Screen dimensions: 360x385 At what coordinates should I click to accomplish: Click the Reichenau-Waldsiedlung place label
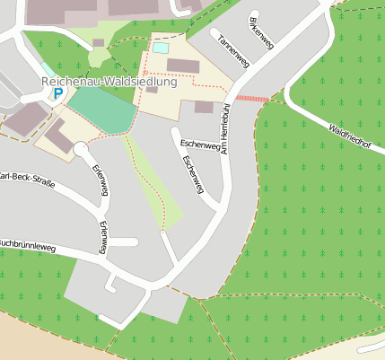click(108, 81)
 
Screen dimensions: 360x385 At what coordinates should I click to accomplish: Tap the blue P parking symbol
click(58, 93)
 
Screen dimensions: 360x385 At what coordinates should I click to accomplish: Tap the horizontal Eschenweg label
click(199, 145)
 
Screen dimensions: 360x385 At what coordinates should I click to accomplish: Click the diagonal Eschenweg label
click(192, 173)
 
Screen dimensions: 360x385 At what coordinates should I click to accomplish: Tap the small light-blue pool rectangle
click(160, 48)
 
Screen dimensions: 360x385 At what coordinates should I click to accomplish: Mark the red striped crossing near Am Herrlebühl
click(251, 98)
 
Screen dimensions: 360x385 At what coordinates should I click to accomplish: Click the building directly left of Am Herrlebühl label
click(204, 107)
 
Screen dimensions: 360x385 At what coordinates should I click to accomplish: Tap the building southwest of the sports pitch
click(59, 137)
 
